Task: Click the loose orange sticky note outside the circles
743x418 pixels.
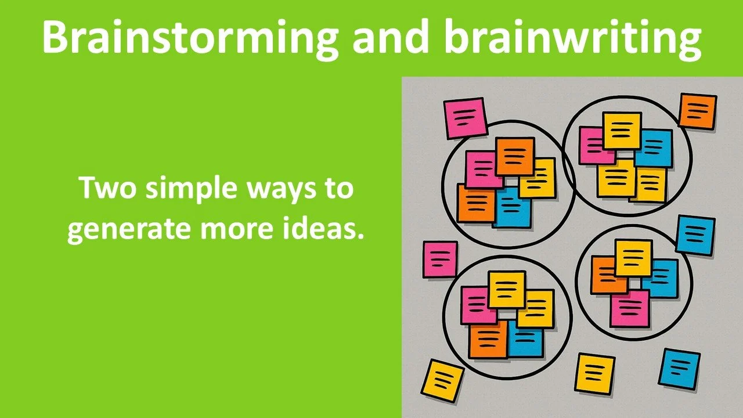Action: click(x=697, y=111)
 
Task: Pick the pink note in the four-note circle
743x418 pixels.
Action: click(x=629, y=308)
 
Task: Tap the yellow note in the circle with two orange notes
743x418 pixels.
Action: click(x=538, y=178)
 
